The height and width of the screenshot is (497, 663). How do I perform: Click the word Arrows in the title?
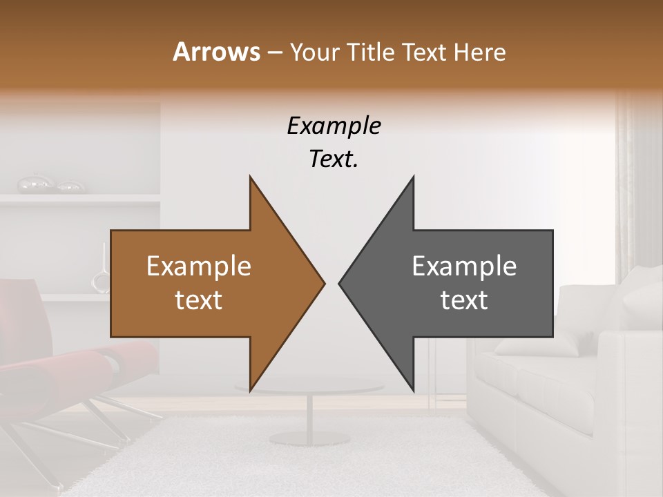(x=215, y=52)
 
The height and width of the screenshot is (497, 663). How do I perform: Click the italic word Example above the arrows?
(x=334, y=126)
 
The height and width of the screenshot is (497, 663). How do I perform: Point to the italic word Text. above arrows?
(x=334, y=159)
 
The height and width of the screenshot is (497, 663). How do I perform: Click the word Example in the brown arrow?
(x=199, y=266)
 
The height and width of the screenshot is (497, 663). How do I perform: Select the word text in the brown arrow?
(x=199, y=300)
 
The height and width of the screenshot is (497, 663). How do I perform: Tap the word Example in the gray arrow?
(x=464, y=266)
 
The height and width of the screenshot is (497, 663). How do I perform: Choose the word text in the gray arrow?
(x=464, y=300)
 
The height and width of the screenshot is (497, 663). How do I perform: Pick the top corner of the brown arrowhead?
(x=250, y=177)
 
